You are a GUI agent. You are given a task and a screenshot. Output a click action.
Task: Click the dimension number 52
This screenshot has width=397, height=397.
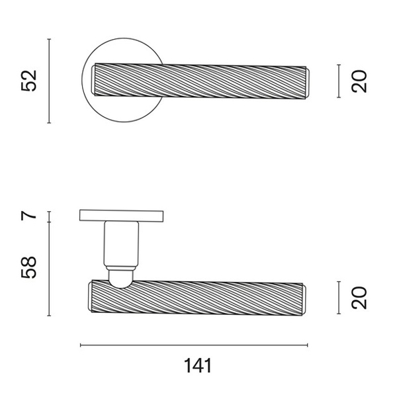pos(29,81)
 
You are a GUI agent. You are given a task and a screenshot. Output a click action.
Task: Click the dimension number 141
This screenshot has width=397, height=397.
pos(198,366)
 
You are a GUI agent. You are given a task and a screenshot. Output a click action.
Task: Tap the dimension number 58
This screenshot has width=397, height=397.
pos(29,267)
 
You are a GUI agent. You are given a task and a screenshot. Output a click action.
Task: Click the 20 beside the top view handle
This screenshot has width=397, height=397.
pos(359,81)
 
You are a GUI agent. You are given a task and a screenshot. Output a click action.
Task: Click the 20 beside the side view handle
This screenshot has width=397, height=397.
pos(359,298)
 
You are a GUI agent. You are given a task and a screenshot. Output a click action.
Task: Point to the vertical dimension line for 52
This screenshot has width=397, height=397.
pos(49,81)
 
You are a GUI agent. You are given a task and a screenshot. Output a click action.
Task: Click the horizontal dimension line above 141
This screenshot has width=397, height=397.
pos(194,345)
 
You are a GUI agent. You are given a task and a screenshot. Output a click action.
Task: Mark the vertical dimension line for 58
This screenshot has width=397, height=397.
pos(49,269)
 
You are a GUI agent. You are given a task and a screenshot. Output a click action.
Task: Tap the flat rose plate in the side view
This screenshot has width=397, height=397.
pos(121,215)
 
